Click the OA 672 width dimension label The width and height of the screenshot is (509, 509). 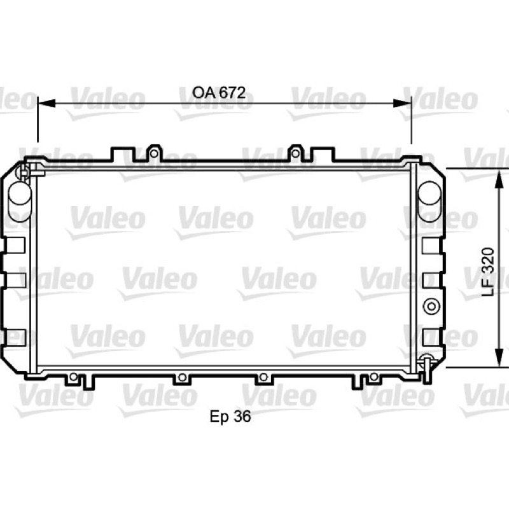coord(219,93)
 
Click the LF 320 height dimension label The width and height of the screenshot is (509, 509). coord(487,272)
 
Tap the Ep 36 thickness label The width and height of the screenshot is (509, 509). coord(230,417)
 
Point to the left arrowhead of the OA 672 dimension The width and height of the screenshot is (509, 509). coord(46,104)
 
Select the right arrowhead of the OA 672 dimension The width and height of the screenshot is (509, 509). coord(402,104)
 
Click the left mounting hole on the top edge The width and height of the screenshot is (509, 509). coord(154,153)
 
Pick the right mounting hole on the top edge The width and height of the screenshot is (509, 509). coord(295,153)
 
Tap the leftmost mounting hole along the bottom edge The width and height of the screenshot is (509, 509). coord(74,377)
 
